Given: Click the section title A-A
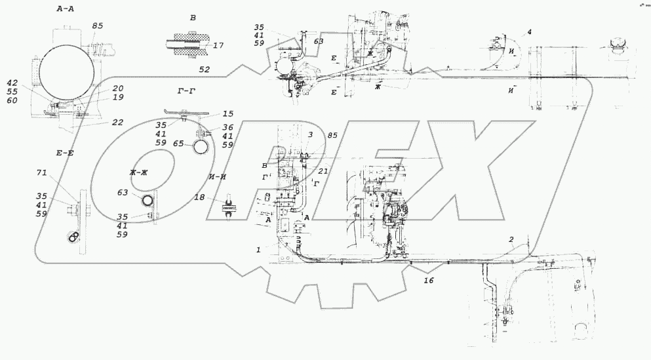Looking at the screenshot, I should tap(68, 9).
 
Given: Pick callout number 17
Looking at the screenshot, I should tap(218, 46).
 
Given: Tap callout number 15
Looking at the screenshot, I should tap(227, 113).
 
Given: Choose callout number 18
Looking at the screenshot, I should tap(200, 197).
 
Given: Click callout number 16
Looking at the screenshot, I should tap(429, 281).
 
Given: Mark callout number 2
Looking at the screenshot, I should tap(511, 240).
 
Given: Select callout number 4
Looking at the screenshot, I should tap(529, 32).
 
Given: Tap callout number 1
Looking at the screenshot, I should tap(260, 249).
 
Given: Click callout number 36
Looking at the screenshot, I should tap(227, 128).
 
